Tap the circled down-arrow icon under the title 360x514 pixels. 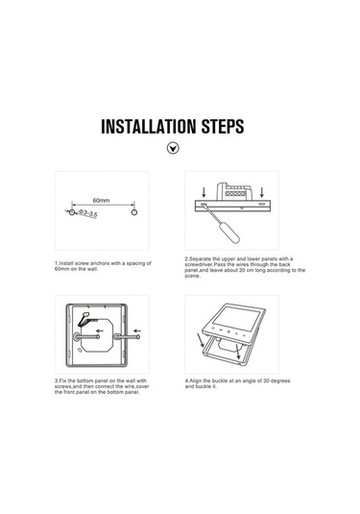[x=173, y=149]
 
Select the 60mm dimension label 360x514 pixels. [x=102, y=201]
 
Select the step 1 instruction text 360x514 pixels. [x=104, y=266]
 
